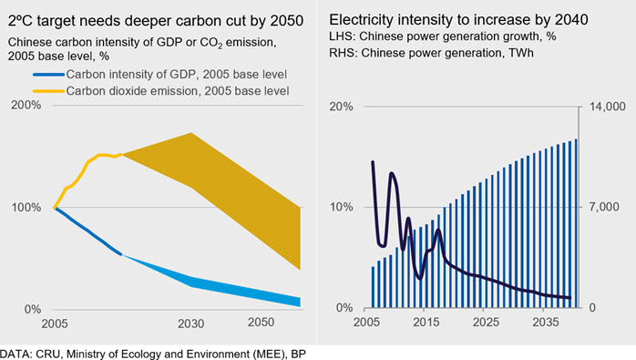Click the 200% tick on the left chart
pyautogui.click(x=26, y=105)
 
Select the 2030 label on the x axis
pyautogui.click(x=191, y=324)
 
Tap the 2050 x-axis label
pyautogui.click(x=261, y=322)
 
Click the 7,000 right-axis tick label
pyautogui.click(x=604, y=207)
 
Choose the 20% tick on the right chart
pyautogui.click(x=341, y=107)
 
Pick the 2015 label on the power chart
pyautogui.click(x=426, y=323)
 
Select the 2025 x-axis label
pyautogui.click(x=486, y=323)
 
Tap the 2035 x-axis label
pyautogui.click(x=546, y=323)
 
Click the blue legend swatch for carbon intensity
pyautogui.click(x=48, y=74)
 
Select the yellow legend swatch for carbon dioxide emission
pyautogui.click(x=48, y=91)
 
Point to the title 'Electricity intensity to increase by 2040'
pyautogui.click(x=458, y=19)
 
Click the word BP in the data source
pyautogui.click(x=299, y=354)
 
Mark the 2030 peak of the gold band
pyautogui.click(x=191, y=133)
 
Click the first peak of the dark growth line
pyautogui.click(x=373, y=162)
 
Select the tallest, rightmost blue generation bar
pyautogui.click(x=576, y=223)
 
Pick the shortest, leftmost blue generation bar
pyautogui.click(x=374, y=287)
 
